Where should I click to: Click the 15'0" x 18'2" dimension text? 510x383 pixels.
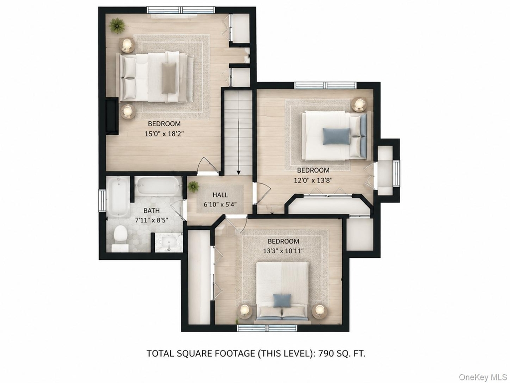click(164, 134)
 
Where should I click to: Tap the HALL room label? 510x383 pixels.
click(220, 195)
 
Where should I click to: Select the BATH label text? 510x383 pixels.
click(151, 211)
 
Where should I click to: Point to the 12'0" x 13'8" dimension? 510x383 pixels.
click(313, 180)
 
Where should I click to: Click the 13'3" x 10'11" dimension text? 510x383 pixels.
click(283, 251)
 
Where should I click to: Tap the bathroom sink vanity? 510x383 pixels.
click(168, 243)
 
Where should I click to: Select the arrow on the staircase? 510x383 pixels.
click(239, 147)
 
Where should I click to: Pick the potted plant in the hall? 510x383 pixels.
click(194, 187)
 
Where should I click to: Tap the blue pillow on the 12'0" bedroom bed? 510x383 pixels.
click(337, 136)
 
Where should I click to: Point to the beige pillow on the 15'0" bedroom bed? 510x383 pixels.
click(169, 78)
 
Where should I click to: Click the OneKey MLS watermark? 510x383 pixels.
click(483, 377)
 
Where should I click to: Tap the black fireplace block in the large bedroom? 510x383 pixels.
click(111, 116)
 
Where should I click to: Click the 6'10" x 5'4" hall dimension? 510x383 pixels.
click(220, 204)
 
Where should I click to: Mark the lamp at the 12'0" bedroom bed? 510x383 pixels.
click(359, 105)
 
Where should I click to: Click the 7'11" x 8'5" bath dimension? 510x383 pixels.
click(151, 220)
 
